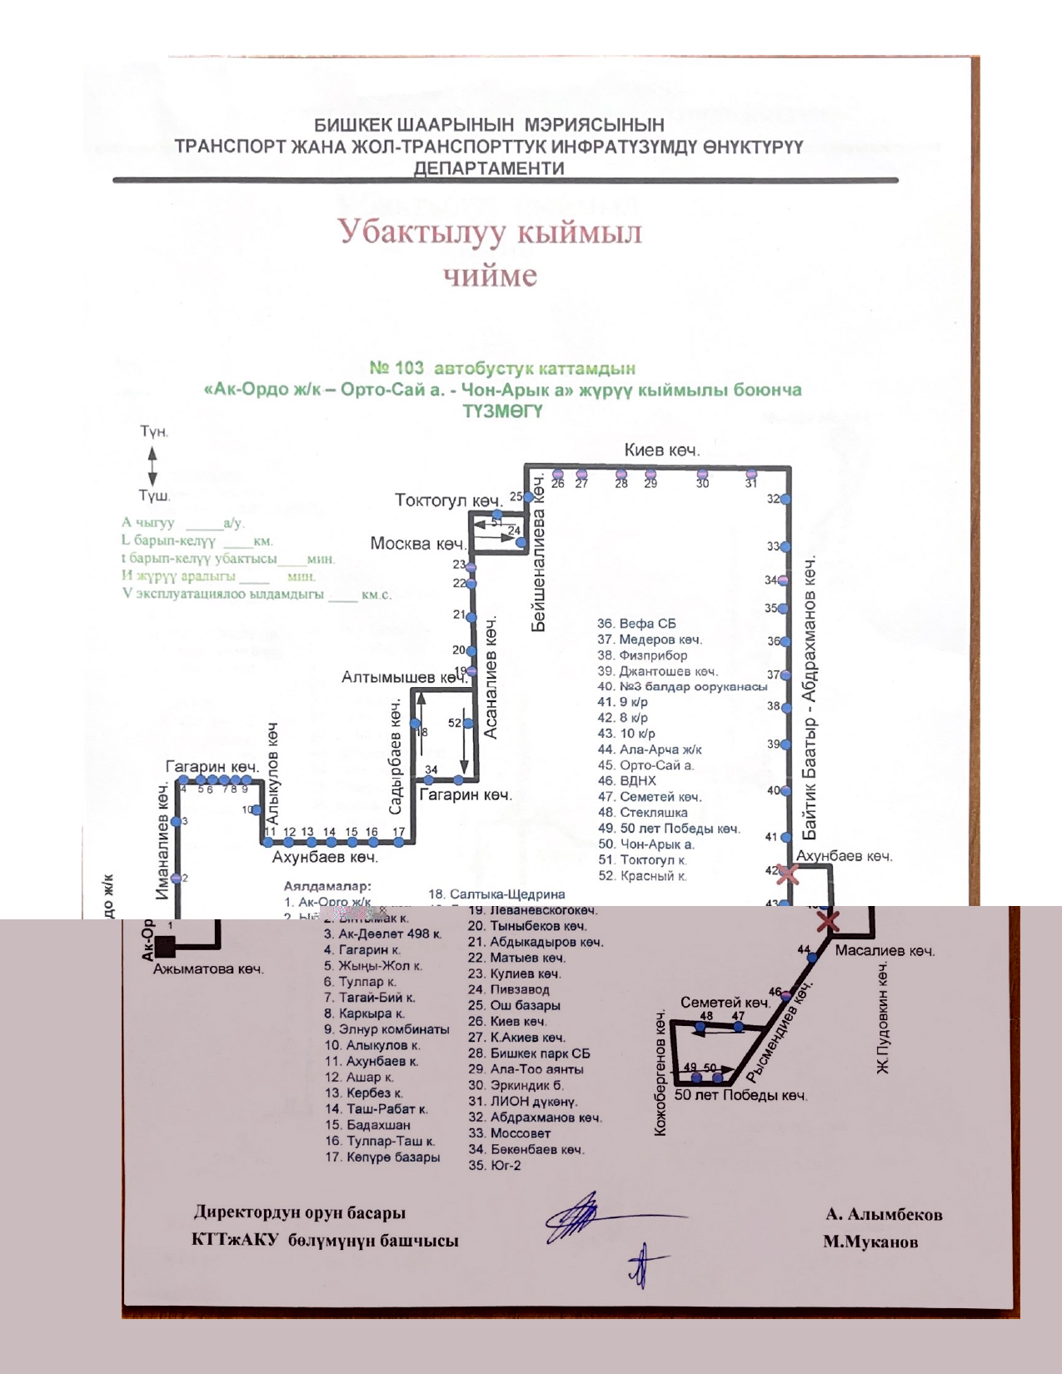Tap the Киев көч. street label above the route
click(662, 451)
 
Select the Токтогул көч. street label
click(448, 500)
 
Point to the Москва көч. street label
click(417, 544)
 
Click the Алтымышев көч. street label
click(404, 678)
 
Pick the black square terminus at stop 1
click(165, 945)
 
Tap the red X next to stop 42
click(787, 874)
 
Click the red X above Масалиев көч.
click(827, 921)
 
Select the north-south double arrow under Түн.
click(152, 465)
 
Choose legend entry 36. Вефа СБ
click(636, 624)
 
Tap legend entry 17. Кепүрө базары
click(382, 1157)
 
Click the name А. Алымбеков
click(884, 1214)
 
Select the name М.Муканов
click(870, 1242)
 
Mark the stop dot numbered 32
click(785, 500)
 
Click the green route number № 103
click(396, 368)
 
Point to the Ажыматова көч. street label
click(208, 969)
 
